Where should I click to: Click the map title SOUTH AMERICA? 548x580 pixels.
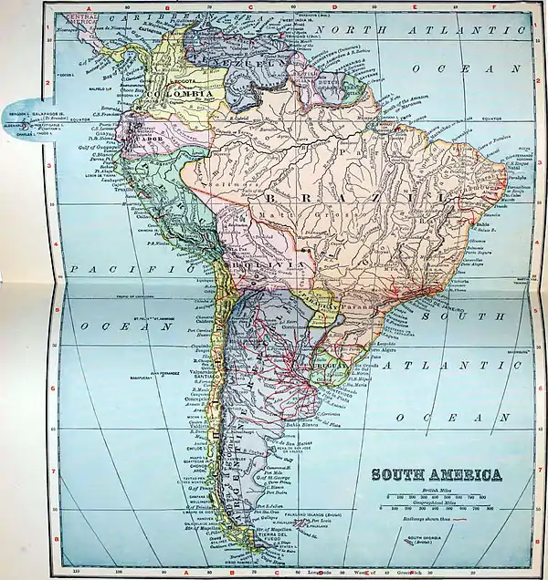435,475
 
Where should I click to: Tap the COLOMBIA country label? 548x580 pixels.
184,94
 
